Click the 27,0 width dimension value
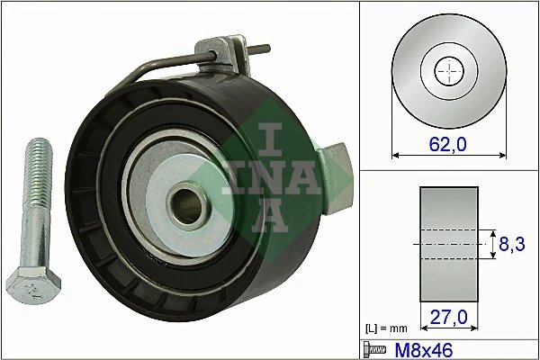(x=449, y=318)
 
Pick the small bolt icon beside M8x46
(x=370, y=347)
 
